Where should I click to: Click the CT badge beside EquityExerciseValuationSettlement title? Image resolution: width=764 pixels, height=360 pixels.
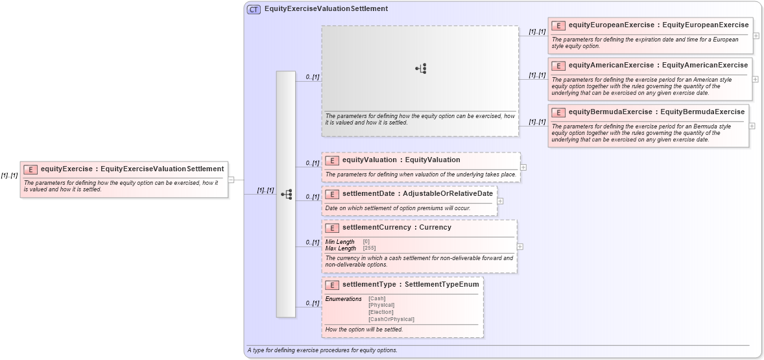[254, 9]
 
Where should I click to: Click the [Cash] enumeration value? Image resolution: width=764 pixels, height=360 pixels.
[377, 298]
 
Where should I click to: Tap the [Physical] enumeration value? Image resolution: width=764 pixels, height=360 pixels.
[381, 305]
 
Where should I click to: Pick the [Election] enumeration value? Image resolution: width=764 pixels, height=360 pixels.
[381, 312]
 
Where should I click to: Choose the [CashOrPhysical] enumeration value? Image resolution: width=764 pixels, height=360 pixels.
[391, 319]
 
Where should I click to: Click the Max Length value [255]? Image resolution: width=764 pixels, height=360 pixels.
[369, 248]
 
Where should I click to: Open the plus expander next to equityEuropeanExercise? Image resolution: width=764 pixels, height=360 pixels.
[756, 36]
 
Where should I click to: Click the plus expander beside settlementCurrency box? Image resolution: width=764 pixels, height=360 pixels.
[520, 246]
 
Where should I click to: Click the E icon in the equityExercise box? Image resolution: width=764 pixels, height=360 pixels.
[30, 169]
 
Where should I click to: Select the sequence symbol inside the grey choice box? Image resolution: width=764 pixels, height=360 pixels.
[421, 69]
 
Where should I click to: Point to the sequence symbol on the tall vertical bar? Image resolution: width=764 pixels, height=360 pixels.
[286, 194]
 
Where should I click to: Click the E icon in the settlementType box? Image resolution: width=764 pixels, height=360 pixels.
[332, 285]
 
